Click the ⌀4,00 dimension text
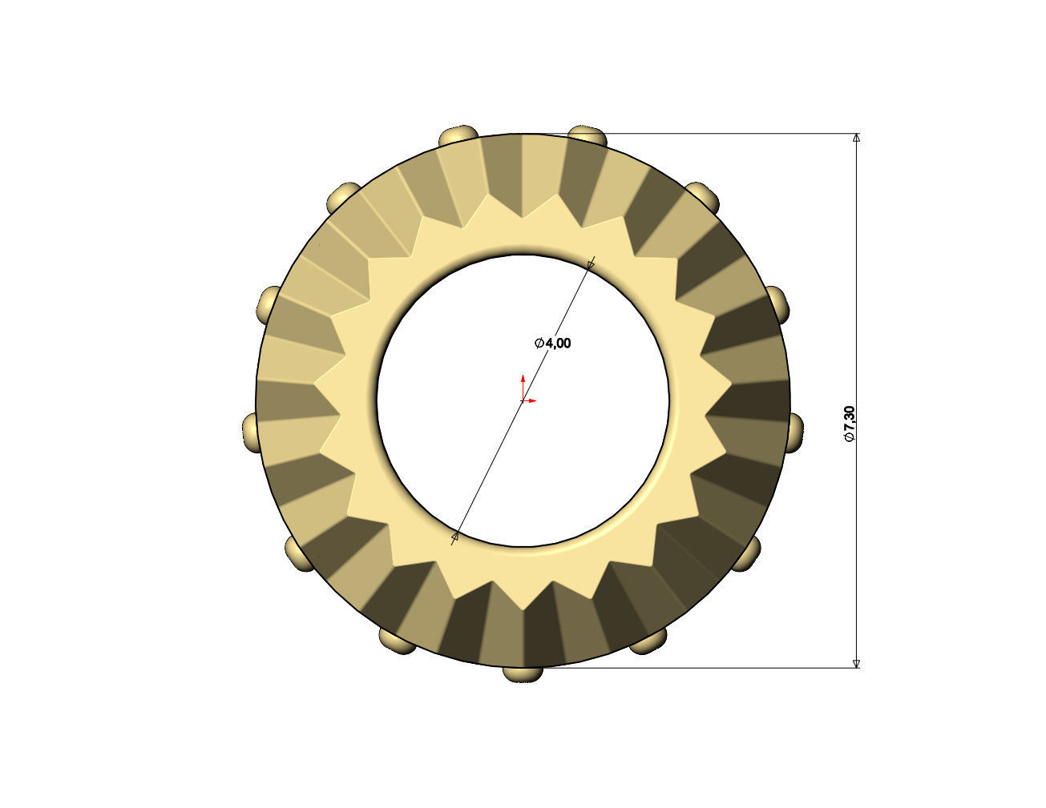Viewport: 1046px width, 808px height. [553, 343]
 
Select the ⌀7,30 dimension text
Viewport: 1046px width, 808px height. [850, 424]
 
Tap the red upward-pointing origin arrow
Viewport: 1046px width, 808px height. [523, 379]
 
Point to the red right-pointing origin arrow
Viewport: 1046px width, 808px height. [531, 400]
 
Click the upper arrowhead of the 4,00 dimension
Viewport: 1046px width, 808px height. [592, 263]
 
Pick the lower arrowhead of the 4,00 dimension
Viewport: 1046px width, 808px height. [455, 537]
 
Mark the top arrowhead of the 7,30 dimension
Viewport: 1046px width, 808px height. [856, 138]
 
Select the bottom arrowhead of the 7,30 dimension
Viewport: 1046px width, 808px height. [856, 662]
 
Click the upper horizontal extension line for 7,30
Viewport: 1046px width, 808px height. [721, 133]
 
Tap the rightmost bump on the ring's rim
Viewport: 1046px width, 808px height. [796, 431]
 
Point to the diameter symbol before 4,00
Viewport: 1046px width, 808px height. [539, 343]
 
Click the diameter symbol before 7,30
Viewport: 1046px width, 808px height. [850, 438]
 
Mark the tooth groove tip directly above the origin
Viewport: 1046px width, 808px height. [523, 218]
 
